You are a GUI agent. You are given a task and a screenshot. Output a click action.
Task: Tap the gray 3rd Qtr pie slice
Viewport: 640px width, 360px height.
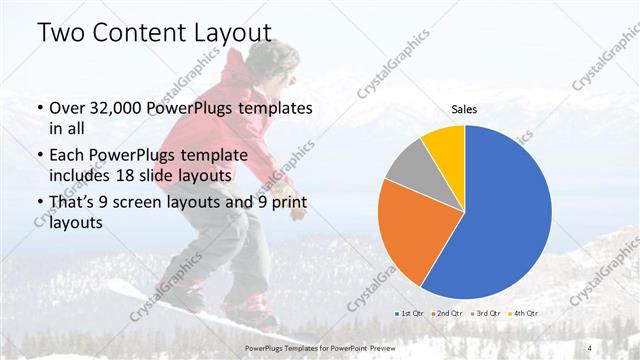click(x=410, y=168)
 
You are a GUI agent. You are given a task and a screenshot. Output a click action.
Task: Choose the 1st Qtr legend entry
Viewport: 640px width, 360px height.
click(x=411, y=313)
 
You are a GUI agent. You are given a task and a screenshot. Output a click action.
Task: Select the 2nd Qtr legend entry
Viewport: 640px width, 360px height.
click(x=447, y=313)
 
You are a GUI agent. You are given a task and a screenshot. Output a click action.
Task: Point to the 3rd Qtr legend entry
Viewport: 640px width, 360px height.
click(x=484, y=313)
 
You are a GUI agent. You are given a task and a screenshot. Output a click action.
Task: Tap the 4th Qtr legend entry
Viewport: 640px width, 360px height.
click(x=521, y=313)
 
